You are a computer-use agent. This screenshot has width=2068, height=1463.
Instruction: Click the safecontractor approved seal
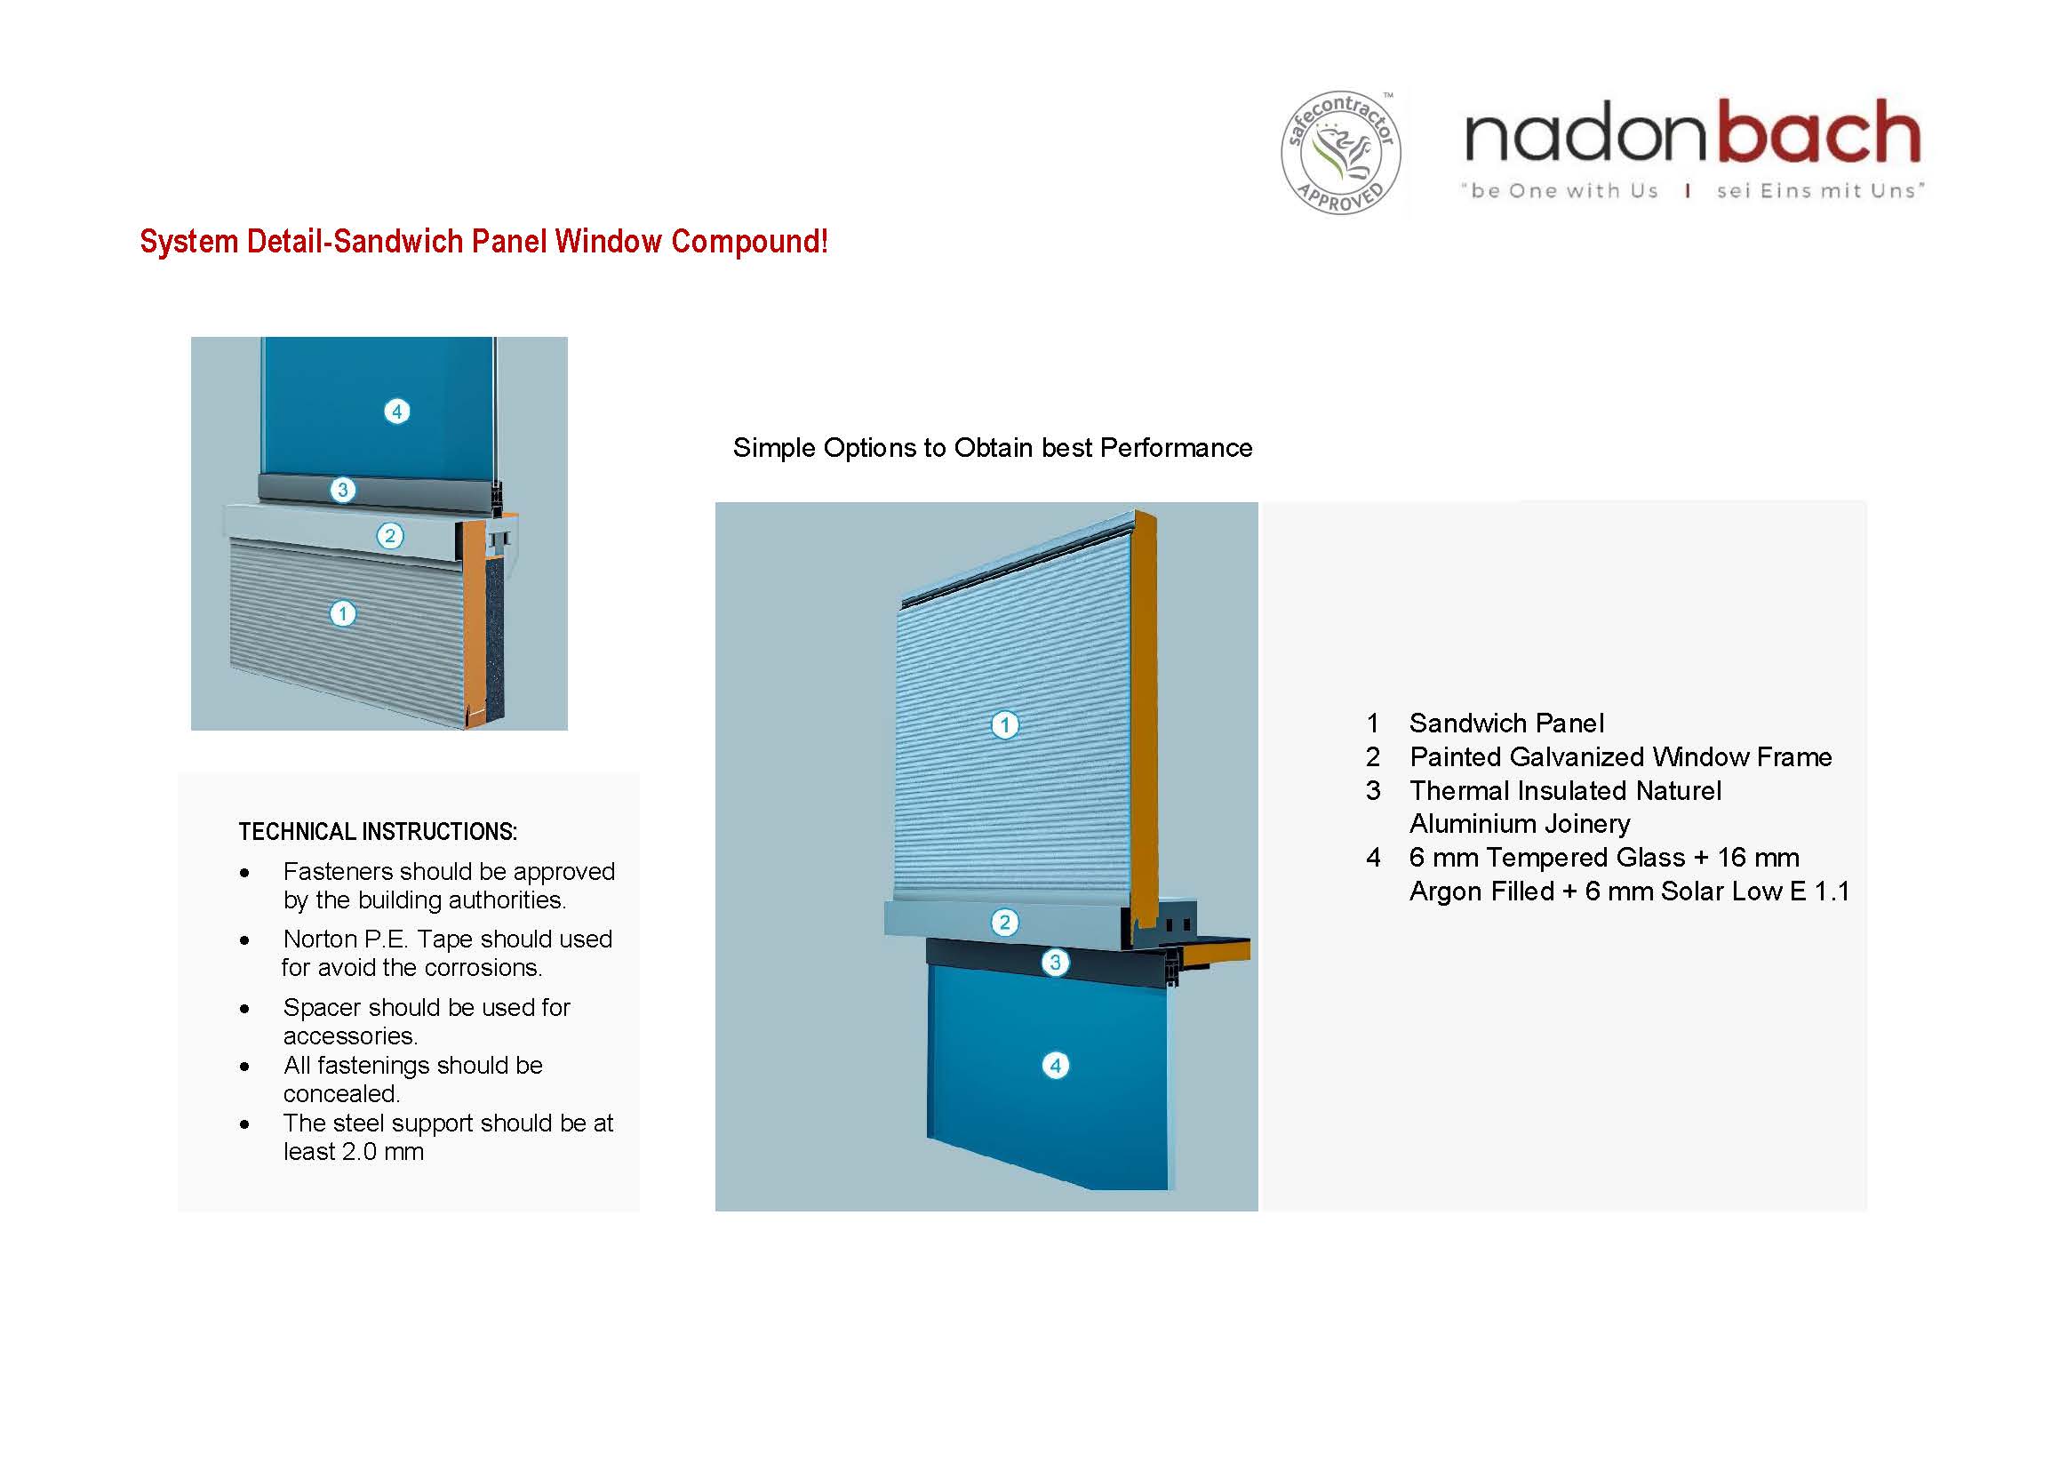1340,152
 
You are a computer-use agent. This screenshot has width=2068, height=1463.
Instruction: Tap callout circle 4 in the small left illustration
396,412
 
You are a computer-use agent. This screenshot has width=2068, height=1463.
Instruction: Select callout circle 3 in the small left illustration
342,490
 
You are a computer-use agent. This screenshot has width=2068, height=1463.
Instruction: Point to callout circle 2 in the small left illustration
389,536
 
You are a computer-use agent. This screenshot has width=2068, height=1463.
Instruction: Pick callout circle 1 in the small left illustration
342,614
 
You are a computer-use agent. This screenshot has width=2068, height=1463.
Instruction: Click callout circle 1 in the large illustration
1004,725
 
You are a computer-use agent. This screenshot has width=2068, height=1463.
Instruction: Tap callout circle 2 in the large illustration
1004,923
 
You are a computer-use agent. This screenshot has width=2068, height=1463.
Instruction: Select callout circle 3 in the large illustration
1055,962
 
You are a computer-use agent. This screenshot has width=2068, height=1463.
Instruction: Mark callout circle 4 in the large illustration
1055,1066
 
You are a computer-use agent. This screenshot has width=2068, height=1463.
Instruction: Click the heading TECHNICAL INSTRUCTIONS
378,832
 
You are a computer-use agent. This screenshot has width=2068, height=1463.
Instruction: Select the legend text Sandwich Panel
1506,723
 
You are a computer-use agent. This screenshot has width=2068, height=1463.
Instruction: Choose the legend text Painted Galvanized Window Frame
1619,756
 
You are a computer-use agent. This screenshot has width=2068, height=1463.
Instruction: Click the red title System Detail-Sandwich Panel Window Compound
483,242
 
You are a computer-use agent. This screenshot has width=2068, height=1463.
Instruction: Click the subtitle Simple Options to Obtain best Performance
992,448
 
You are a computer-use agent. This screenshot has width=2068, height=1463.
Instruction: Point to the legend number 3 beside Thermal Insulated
1373,791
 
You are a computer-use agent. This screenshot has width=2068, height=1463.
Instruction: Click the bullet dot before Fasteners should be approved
244,873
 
